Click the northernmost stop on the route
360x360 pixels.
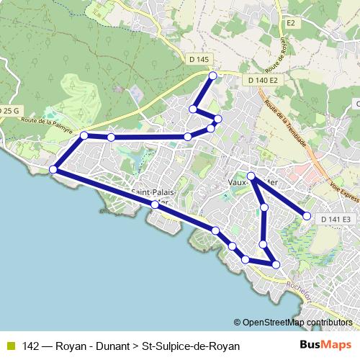[212, 76]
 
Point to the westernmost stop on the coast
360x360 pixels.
[53, 169]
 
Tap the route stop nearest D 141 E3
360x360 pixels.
[307, 216]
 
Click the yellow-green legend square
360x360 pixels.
[10, 346]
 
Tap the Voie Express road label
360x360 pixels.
[343, 183]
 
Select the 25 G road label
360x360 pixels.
[9, 110]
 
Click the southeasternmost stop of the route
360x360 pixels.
[276, 265]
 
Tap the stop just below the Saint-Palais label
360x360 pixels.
[155, 205]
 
